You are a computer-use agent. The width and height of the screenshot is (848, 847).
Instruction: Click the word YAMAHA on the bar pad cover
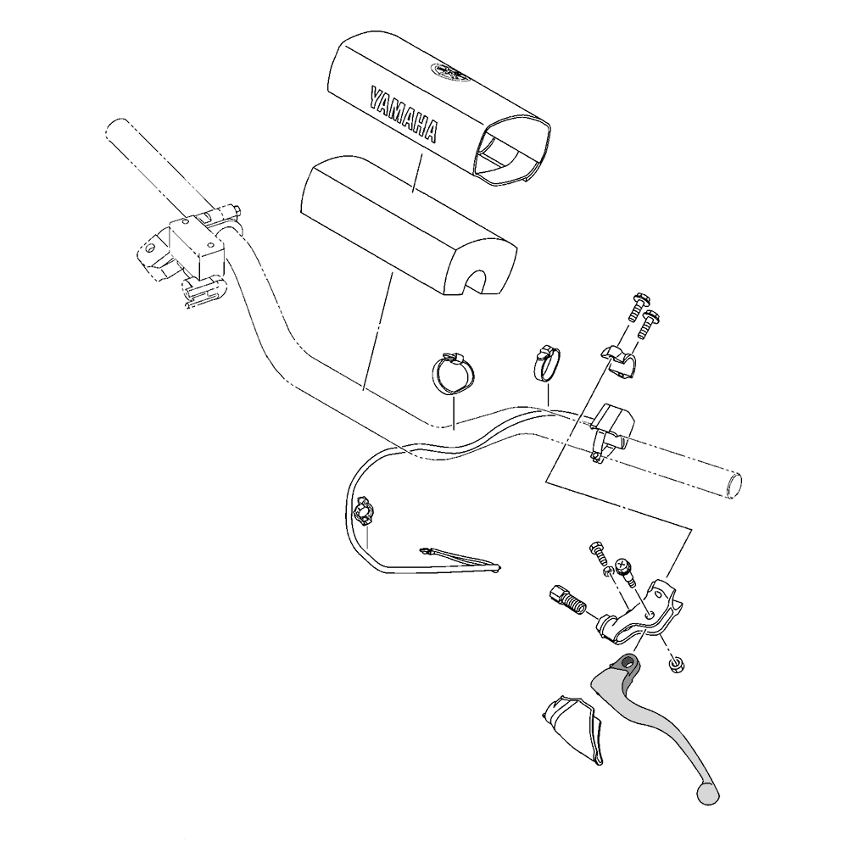coord(403,113)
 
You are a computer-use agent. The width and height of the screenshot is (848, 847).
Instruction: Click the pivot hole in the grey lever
coord(629,661)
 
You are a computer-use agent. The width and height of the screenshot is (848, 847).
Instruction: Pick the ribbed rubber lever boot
coord(571,730)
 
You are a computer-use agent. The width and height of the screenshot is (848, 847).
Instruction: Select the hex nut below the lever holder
coord(674,666)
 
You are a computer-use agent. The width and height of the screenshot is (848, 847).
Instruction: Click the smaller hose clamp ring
coord(544,361)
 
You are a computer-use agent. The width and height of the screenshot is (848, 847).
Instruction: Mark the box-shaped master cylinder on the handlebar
coord(197,242)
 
